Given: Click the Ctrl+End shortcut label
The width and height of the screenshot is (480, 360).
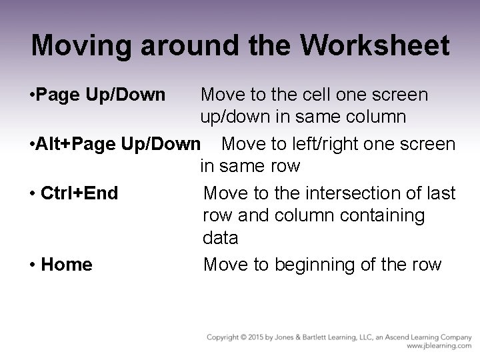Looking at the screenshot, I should click(x=79, y=193).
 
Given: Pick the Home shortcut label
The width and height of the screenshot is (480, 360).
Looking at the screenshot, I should click(x=67, y=265).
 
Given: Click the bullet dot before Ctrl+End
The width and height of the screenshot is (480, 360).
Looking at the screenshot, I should click(x=33, y=194).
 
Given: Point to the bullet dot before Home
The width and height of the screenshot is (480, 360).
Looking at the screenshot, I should click(x=33, y=265).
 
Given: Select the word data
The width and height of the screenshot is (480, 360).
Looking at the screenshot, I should click(x=220, y=237).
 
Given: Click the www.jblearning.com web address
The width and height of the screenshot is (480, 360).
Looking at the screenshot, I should click(x=439, y=347).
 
